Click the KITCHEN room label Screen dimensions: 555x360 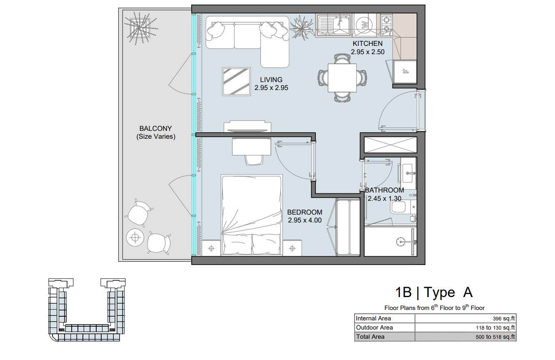click(367, 43)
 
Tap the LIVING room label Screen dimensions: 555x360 click(271, 80)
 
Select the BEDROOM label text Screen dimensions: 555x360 click(305, 212)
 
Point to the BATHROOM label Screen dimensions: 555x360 click(384, 190)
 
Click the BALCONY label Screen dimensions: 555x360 click(155, 128)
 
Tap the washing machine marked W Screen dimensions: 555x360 click(364, 25)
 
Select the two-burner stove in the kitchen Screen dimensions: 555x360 click(386, 25)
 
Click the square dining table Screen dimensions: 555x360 click(342, 78)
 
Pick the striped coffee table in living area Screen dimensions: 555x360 click(236, 81)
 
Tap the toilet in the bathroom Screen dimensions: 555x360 click(401, 207)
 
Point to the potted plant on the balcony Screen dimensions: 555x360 click(140, 28)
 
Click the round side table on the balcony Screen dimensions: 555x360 click(135, 237)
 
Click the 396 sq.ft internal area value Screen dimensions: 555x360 click(504, 318)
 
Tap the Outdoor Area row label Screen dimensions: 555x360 click(375, 327)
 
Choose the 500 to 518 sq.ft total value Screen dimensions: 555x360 click(495, 337)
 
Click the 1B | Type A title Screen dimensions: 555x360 click(434, 292)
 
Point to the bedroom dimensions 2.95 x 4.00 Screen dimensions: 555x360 click(305, 220)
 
